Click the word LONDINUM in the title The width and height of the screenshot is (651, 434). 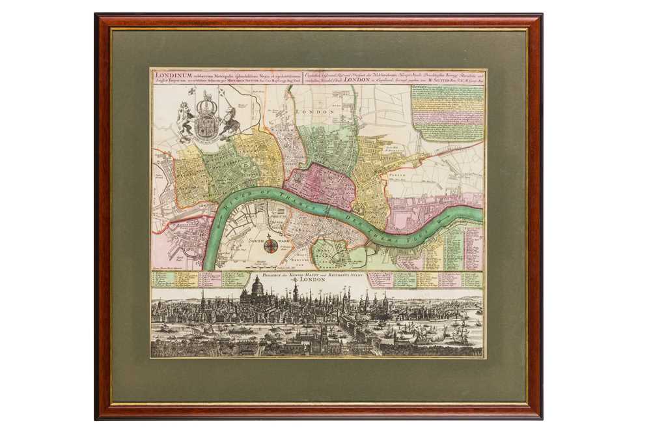point(171,74)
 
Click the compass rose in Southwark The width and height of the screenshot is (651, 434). point(270,245)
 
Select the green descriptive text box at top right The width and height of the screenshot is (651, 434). point(448,111)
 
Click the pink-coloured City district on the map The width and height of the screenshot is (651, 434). point(319,185)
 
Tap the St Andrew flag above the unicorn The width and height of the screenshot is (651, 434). point(224,92)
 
